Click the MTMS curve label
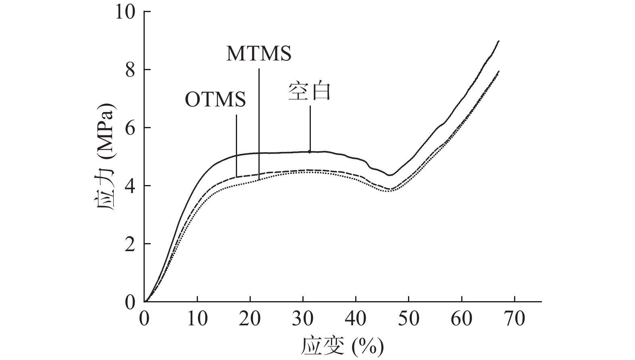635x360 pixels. tap(258, 54)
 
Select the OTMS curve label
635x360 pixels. tap(215, 99)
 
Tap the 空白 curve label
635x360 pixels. tap(309, 92)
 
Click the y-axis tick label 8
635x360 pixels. tap(130, 70)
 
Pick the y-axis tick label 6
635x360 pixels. tap(130, 128)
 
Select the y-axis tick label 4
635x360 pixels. tap(130, 186)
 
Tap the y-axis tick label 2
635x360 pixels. tap(130, 244)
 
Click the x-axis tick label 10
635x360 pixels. tap(197, 319)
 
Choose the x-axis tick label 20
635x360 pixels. tap(250, 319)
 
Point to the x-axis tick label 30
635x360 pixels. tap(303, 319)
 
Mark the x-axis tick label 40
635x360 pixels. tap(356, 319)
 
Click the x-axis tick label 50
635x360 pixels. tap(408, 319)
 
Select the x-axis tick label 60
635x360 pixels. tap(461, 319)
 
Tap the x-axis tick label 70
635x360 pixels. tap(514, 319)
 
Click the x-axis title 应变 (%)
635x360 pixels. tap(342, 346)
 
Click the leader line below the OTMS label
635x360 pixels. tap(236, 145)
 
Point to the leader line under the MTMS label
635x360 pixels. tap(259, 121)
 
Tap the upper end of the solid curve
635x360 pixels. tap(499, 41)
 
